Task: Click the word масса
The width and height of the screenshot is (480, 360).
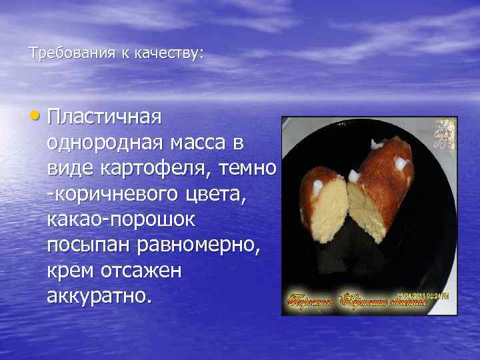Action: (205, 144)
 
